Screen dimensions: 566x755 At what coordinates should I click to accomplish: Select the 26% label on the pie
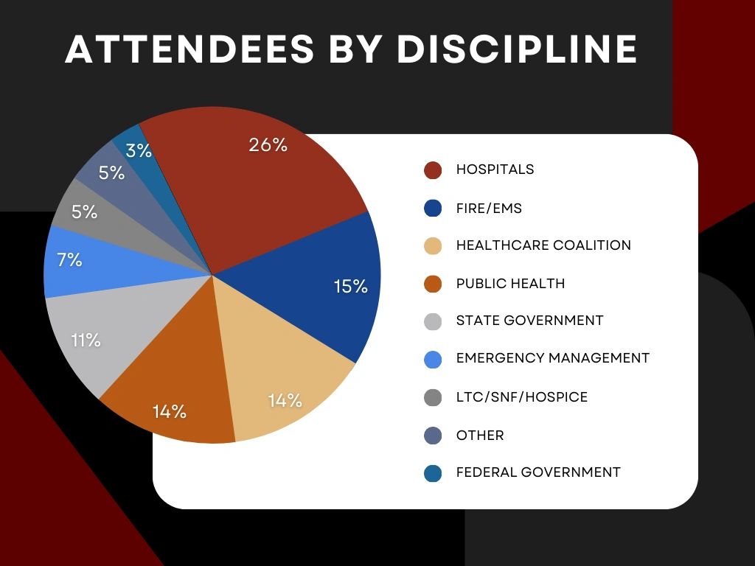pos(268,145)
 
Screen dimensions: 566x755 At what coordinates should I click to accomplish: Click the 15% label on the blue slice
pos(350,287)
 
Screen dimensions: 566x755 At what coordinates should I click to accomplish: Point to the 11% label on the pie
pos(86,340)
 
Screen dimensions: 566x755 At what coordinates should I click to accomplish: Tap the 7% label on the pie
pos(69,259)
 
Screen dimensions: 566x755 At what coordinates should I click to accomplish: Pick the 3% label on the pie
pos(139,151)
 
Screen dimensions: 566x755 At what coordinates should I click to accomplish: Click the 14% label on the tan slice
pos(285,400)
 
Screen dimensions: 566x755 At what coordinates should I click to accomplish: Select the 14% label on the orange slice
pos(169,411)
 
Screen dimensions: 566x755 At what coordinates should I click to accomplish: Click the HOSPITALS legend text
pos(495,170)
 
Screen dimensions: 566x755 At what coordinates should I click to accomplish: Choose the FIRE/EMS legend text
pos(489,209)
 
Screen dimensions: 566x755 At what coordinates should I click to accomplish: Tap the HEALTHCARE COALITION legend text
pos(543,245)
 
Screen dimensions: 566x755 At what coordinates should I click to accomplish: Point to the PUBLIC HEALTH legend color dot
pos(433,284)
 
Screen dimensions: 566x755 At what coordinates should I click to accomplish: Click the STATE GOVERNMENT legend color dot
pos(433,321)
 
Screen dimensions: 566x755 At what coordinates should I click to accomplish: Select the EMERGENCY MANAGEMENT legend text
pos(552,358)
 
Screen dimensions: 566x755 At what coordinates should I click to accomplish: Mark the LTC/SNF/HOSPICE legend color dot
pos(433,397)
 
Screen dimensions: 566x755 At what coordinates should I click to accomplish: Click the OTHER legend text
pos(480,436)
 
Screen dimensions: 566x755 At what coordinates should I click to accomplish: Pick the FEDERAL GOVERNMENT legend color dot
pos(433,473)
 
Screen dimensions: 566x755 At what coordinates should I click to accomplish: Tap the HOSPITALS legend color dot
pos(433,170)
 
